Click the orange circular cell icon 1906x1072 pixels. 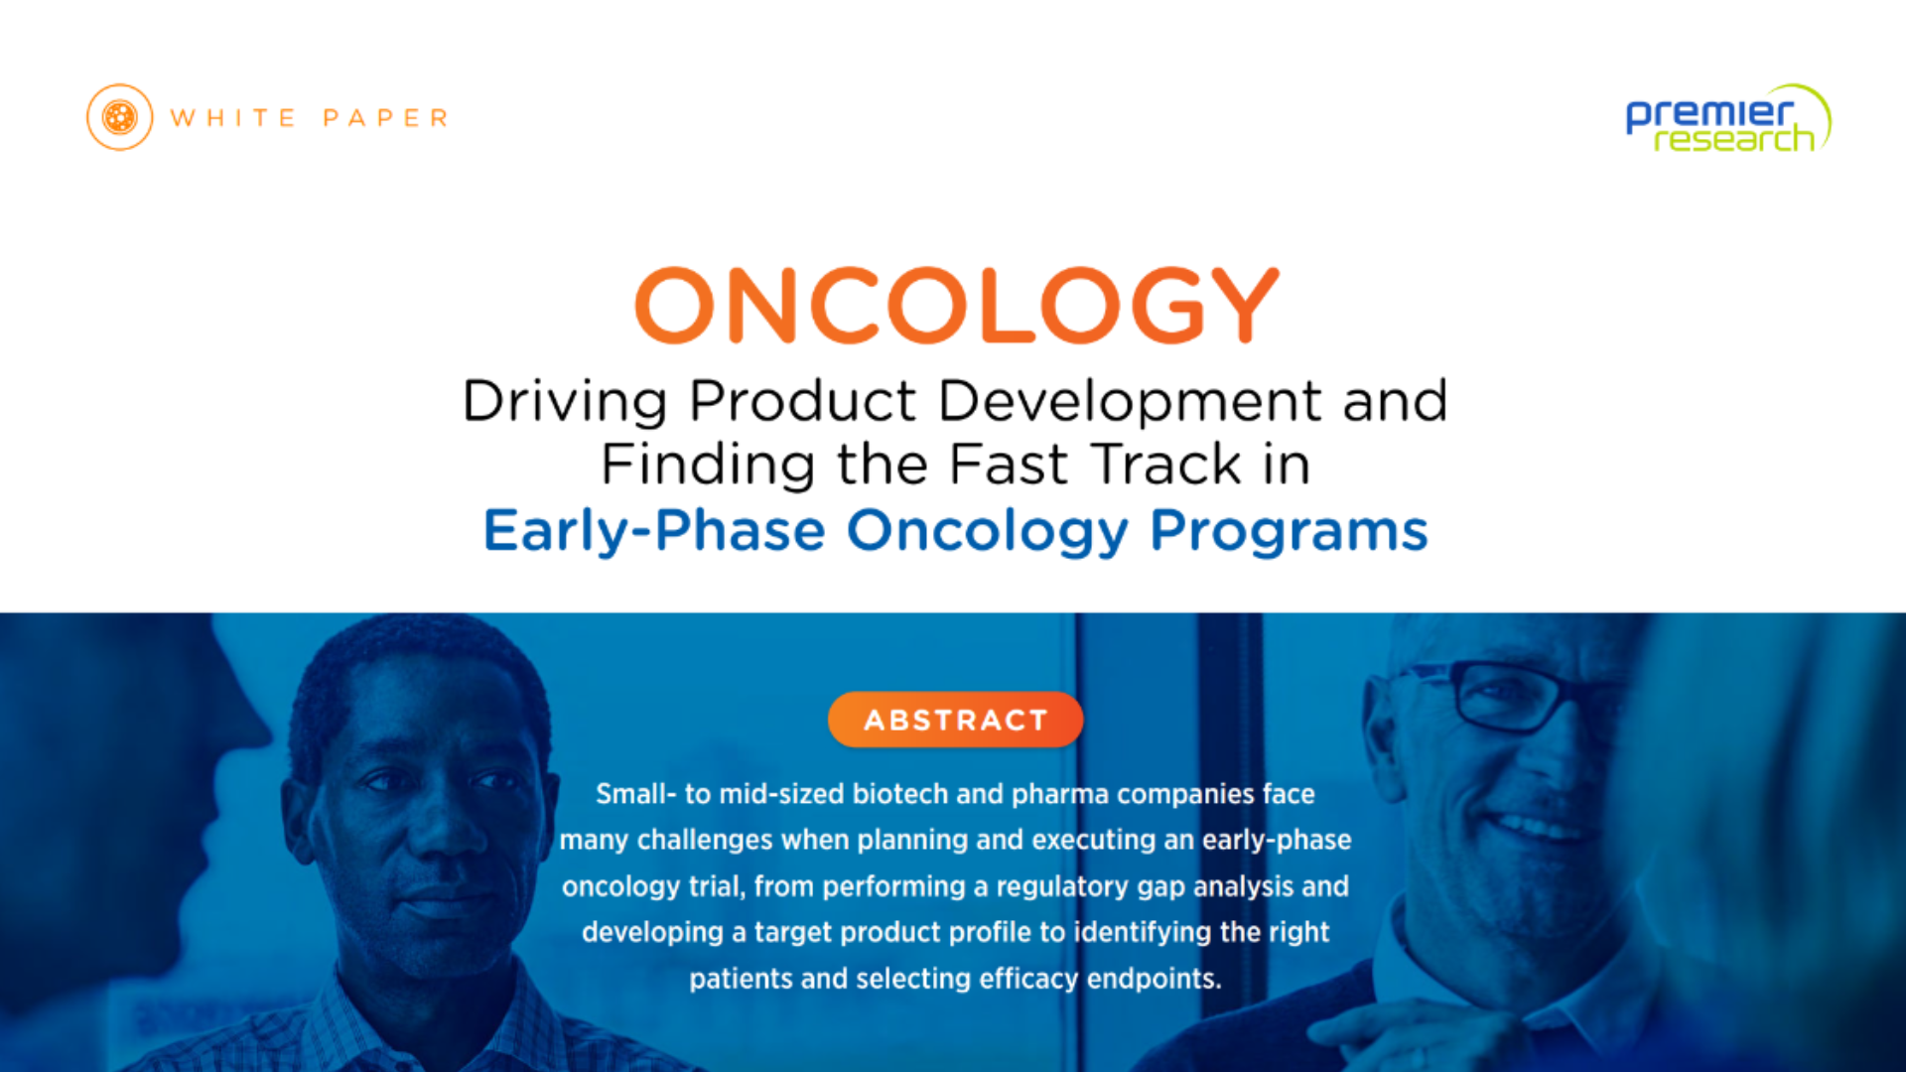point(120,117)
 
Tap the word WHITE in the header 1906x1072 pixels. point(233,118)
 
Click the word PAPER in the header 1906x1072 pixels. point(386,118)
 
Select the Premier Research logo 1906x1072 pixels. point(1728,118)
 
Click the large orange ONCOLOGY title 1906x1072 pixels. point(957,305)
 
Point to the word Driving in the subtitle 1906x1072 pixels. point(565,402)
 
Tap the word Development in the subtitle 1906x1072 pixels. point(1130,402)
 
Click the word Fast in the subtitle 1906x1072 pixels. point(1009,465)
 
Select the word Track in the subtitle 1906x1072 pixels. point(1165,465)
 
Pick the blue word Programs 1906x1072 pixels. point(1290,531)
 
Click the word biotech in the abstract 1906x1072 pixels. point(900,794)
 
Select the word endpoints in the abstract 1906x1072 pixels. point(1154,980)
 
